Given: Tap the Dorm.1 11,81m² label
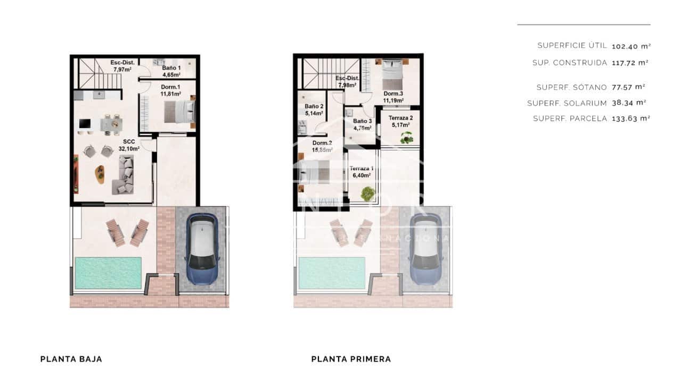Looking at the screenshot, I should [170, 90].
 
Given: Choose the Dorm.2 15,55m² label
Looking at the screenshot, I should [322, 146].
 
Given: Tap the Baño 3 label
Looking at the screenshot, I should [362, 124].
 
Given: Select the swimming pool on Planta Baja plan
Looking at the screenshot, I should [108, 273].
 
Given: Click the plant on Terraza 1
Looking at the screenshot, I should [367, 194].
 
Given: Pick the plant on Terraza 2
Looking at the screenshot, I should [406, 138].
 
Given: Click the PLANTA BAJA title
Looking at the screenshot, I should [71, 359].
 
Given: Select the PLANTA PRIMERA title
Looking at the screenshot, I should [351, 359].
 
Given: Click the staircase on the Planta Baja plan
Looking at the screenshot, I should [100, 73].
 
